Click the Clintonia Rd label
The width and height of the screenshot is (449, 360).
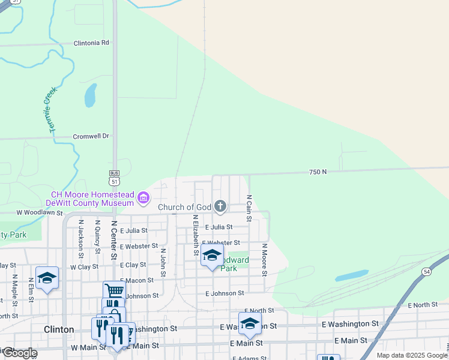point(91,43)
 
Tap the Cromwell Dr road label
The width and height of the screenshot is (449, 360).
point(91,136)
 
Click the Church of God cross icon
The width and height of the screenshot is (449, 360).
point(220,207)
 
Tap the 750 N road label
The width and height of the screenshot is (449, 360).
point(318,172)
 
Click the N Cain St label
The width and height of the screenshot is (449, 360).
point(249,208)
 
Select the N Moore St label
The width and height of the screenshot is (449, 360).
point(264,259)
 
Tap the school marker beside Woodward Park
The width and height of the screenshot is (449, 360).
point(212,255)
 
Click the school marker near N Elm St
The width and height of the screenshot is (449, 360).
point(47,278)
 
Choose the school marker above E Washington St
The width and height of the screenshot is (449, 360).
point(250,323)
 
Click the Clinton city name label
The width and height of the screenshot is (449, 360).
point(59,329)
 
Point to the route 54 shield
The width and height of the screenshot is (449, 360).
point(443,256)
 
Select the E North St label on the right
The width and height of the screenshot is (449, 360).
point(423,305)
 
